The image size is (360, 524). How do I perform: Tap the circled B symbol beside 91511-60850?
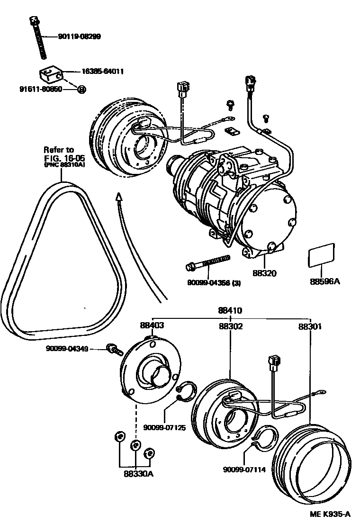81,89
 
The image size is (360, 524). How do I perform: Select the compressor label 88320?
264,273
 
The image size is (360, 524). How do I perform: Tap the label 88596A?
325,281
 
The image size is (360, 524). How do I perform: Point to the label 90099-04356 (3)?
214,284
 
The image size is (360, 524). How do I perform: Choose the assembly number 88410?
230,311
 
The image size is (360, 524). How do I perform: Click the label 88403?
152,325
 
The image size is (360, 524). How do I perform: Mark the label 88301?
311,326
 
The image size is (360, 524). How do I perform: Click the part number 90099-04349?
67,349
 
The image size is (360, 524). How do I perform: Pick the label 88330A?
135,473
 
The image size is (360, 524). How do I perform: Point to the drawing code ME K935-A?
332,515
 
